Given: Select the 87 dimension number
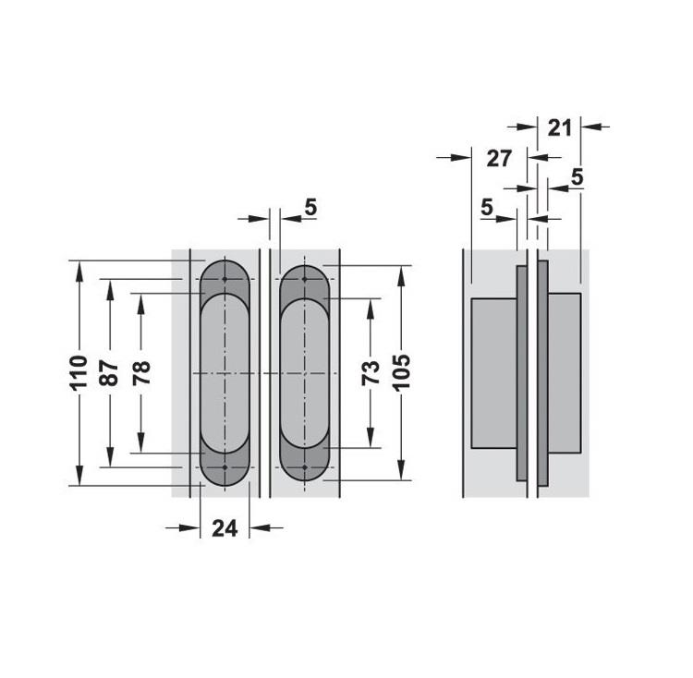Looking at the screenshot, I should click(109, 372).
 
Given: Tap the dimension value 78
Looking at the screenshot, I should click(141, 372).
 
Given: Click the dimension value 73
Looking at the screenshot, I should click(370, 373).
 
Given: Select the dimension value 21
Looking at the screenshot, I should click(559, 127).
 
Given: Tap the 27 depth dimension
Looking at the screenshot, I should click(499, 158).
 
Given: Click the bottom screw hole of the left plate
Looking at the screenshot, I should click(225, 467).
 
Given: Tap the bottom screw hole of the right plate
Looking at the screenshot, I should click(304, 467).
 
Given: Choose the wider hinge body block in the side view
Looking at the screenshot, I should click(493, 372).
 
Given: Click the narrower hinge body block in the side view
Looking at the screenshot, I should click(565, 372).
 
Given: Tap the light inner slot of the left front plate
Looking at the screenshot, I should click(225, 372).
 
